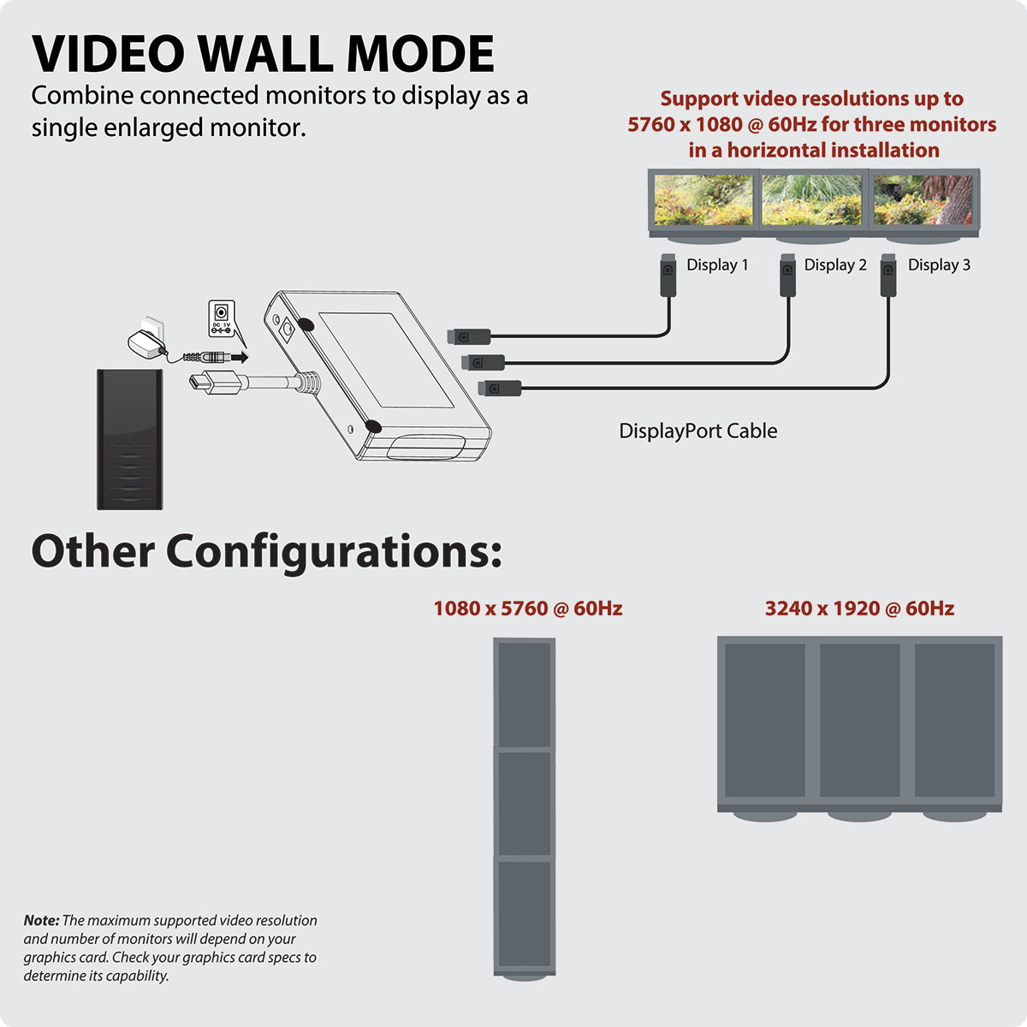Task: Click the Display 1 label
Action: (717, 264)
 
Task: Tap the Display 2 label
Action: (835, 264)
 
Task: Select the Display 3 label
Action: (939, 264)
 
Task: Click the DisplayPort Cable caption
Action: (698, 430)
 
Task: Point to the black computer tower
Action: (129, 439)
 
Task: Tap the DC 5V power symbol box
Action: (221, 318)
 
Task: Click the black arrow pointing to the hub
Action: (240, 357)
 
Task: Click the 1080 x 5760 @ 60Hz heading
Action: (528, 608)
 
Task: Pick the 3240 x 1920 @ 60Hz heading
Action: (859, 608)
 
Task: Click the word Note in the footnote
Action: (41, 920)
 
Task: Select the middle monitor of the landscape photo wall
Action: (812, 200)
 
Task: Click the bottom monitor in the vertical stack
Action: (525, 917)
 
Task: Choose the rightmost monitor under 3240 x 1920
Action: (954, 721)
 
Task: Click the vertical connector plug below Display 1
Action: (668, 275)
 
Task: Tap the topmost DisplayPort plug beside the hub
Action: (469, 336)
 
